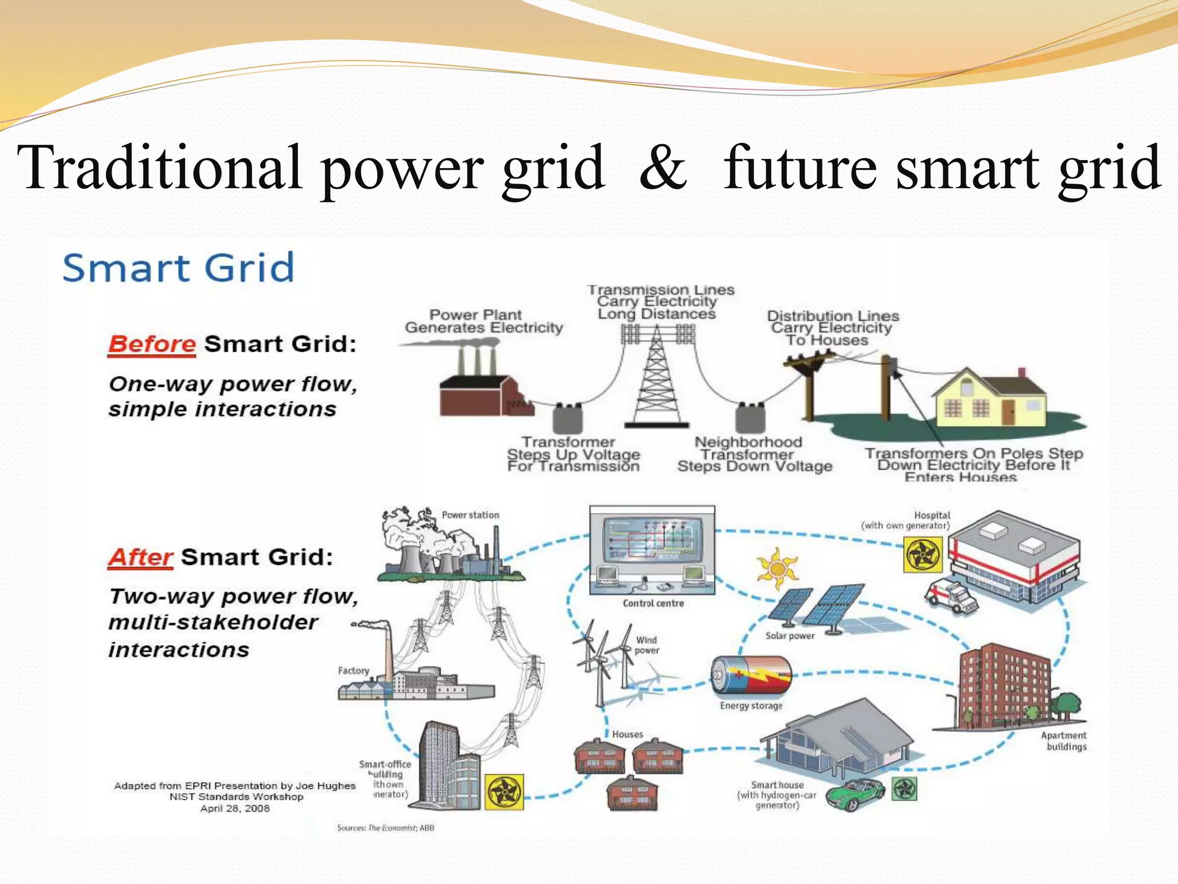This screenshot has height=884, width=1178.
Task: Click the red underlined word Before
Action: pos(152,344)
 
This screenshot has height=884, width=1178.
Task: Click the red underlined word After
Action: pos(140,557)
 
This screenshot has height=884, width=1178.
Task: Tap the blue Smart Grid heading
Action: pos(178,268)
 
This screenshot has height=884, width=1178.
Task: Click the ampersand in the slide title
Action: pos(663,168)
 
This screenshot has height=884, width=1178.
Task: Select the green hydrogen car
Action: pos(855,794)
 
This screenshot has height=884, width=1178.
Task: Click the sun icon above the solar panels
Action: pos(777,568)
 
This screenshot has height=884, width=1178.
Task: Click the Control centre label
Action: pos(653,603)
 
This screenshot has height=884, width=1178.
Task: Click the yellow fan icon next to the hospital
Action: pos(923,555)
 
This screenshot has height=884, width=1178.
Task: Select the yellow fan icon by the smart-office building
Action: pos(504,792)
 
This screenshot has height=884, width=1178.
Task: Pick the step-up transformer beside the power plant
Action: pos(568,418)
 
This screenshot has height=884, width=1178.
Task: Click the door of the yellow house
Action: pos(1008,412)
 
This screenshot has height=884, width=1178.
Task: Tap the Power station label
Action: pos(470,515)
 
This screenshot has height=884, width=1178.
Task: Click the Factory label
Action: pos(353,670)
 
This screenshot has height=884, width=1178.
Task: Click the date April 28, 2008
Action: pos(235,809)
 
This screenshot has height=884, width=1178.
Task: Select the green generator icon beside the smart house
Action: pos(904,789)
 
